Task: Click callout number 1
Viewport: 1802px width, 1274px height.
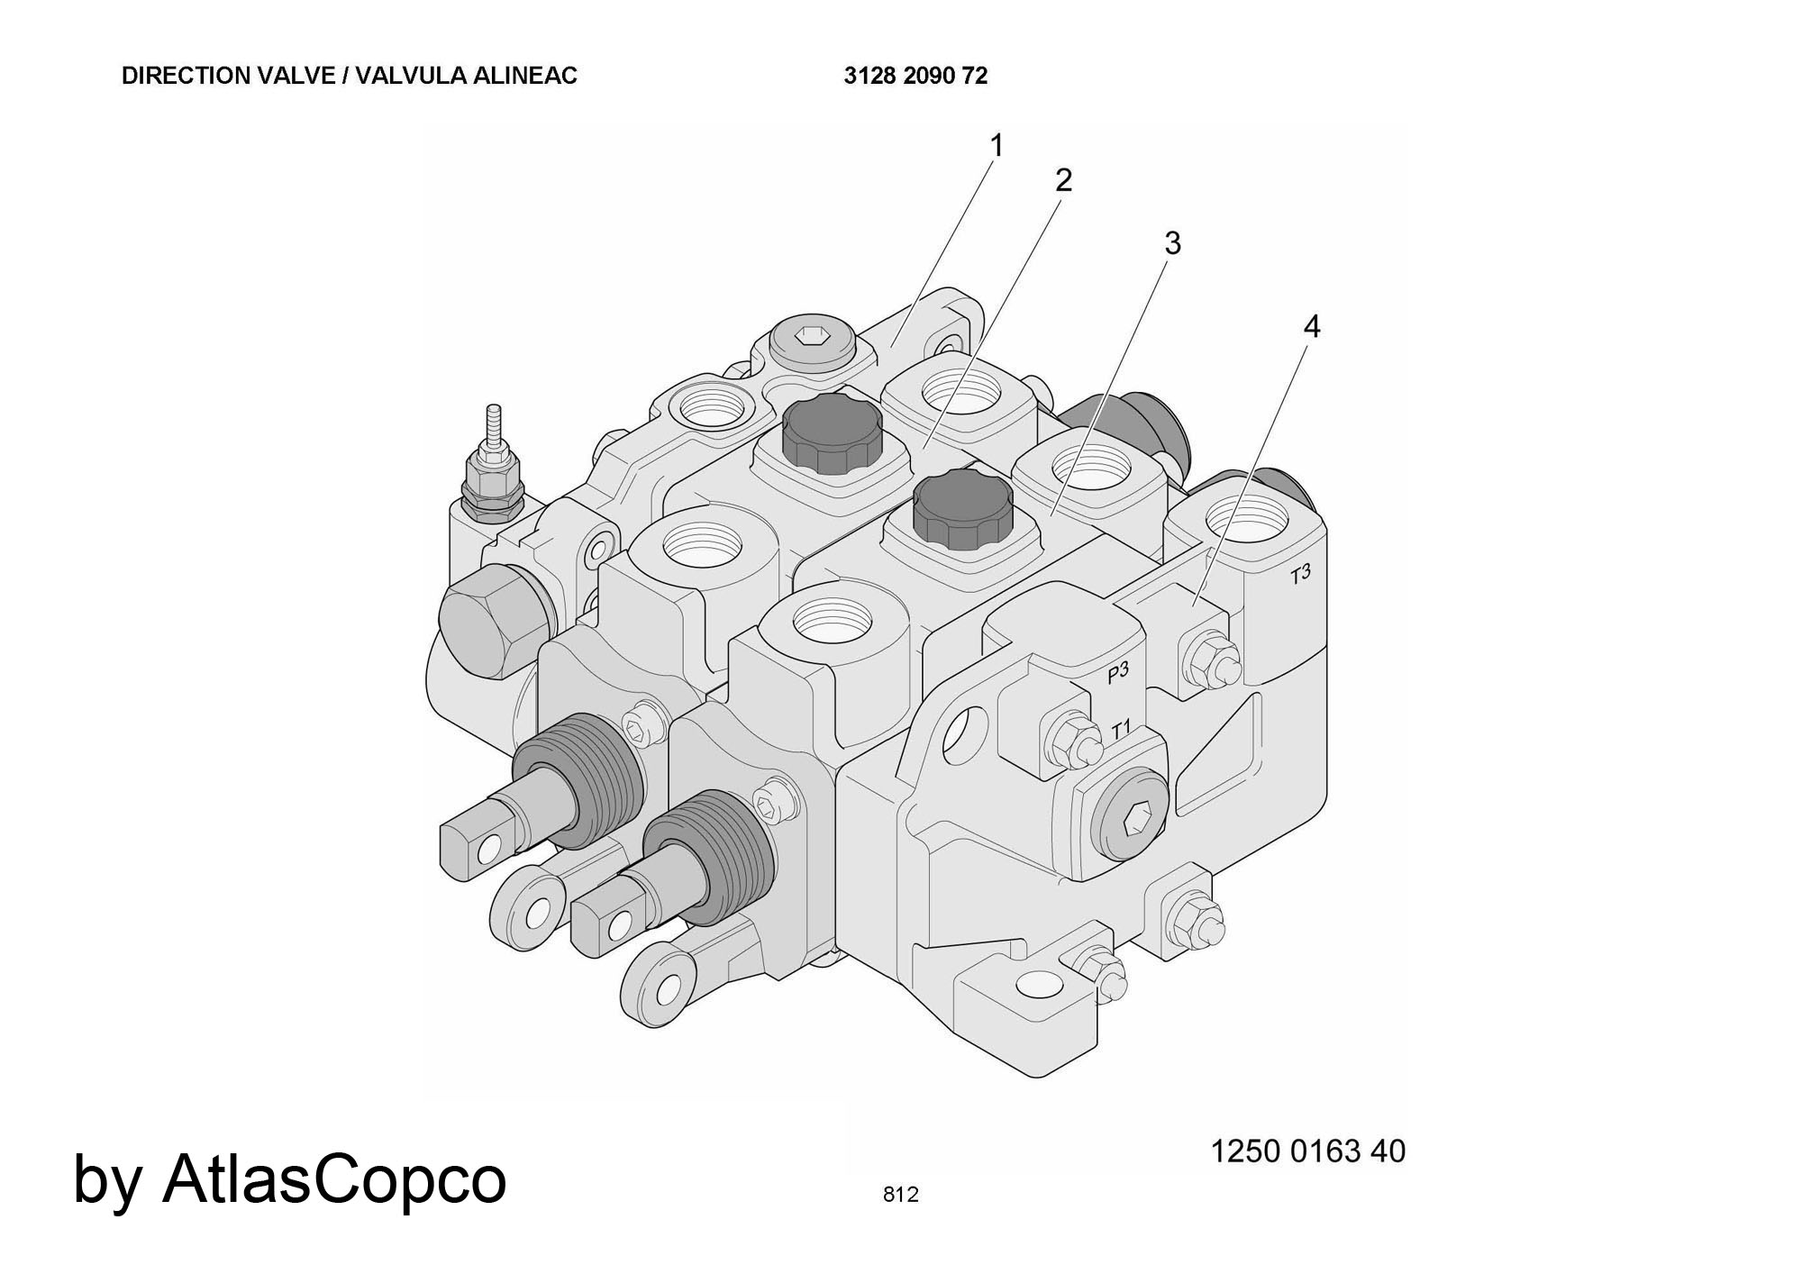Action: coord(996,145)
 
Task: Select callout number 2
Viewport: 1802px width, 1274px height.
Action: coord(1063,180)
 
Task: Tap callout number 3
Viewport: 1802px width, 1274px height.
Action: coord(1171,243)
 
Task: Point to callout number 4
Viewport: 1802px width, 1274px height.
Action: coord(1312,327)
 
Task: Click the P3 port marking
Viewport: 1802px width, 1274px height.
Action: coord(1117,672)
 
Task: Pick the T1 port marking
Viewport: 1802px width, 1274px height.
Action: coord(1120,730)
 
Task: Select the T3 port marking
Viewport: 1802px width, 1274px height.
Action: coord(1299,574)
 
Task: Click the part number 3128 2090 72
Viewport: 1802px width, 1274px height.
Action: coord(915,76)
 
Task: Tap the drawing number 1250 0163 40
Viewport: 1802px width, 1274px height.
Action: coord(1307,1151)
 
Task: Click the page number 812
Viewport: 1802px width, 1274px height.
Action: coord(900,1195)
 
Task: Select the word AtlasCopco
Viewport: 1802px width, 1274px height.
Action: coord(334,1178)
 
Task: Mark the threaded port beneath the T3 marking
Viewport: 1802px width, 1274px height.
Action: coord(1246,522)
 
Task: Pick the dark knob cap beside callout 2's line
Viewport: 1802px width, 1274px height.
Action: coord(830,433)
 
